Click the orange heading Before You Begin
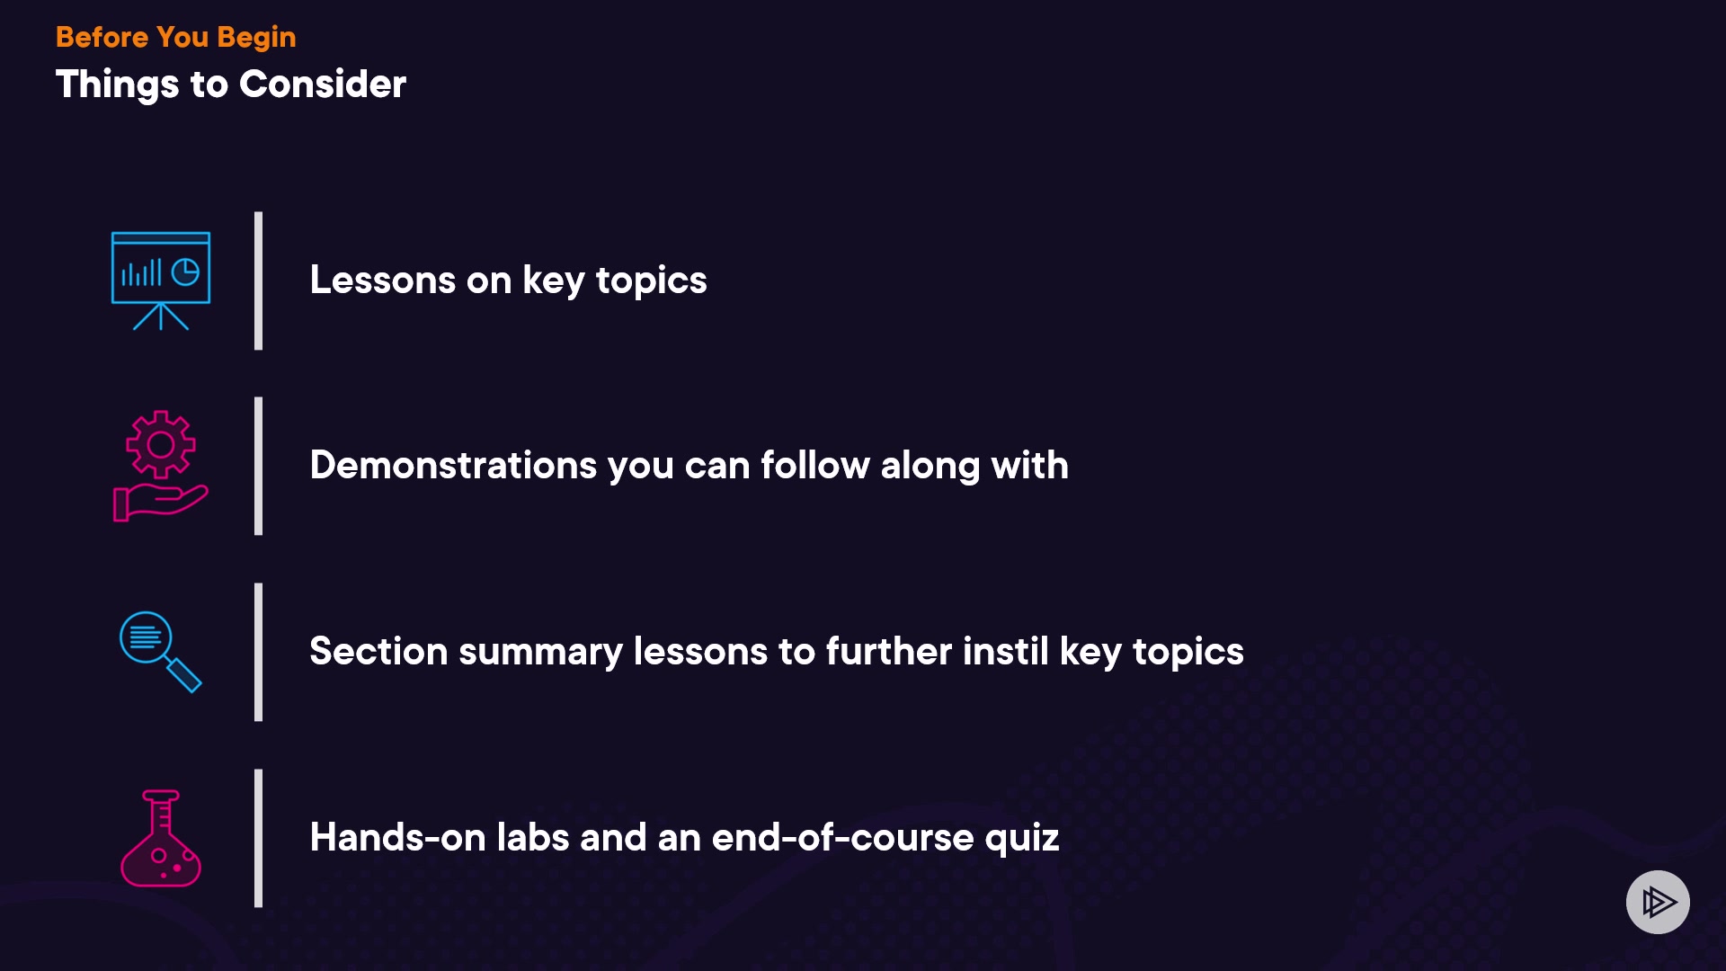pyautogui.click(x=175, y=37)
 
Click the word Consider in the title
pyautogui.click(x=323, y=84)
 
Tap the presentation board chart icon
pyautogui.click(x=161, y=281)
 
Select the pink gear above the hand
pyautogui.click(x=161, y=444)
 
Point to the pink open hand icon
pyautogui.click(x=160, y=502)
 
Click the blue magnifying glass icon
pyautogui.click(x=161, y=652)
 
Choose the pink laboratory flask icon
pyautogui.click(x=161, y=838)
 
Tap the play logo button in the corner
pyautogui.click(x=1658, y=902)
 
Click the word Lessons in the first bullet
pyautogui.click(x=383, y=280)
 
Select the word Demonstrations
pyautogui.click(x=454, y=465)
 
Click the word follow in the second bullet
pyautogui.click(x=815, y=465)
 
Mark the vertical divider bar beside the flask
pyautogui.click(x=259, y=838)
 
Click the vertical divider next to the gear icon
pyautogui.click(x=259, y=466)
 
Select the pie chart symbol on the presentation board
pyautogui.click(x=185, y=272)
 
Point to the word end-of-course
pyautogui.click(x=843, y=837)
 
